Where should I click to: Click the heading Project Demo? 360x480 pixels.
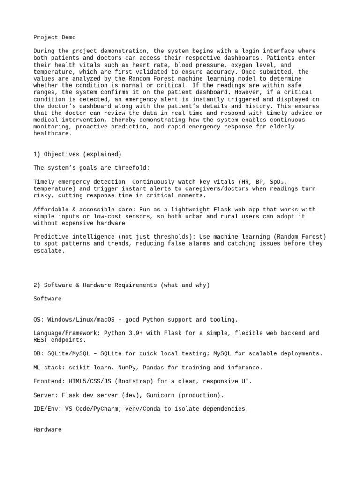(x=54, y=37)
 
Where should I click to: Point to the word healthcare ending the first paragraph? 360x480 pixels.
(x=52, y=134)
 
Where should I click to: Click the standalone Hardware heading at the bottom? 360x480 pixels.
(x=47, y=429)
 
